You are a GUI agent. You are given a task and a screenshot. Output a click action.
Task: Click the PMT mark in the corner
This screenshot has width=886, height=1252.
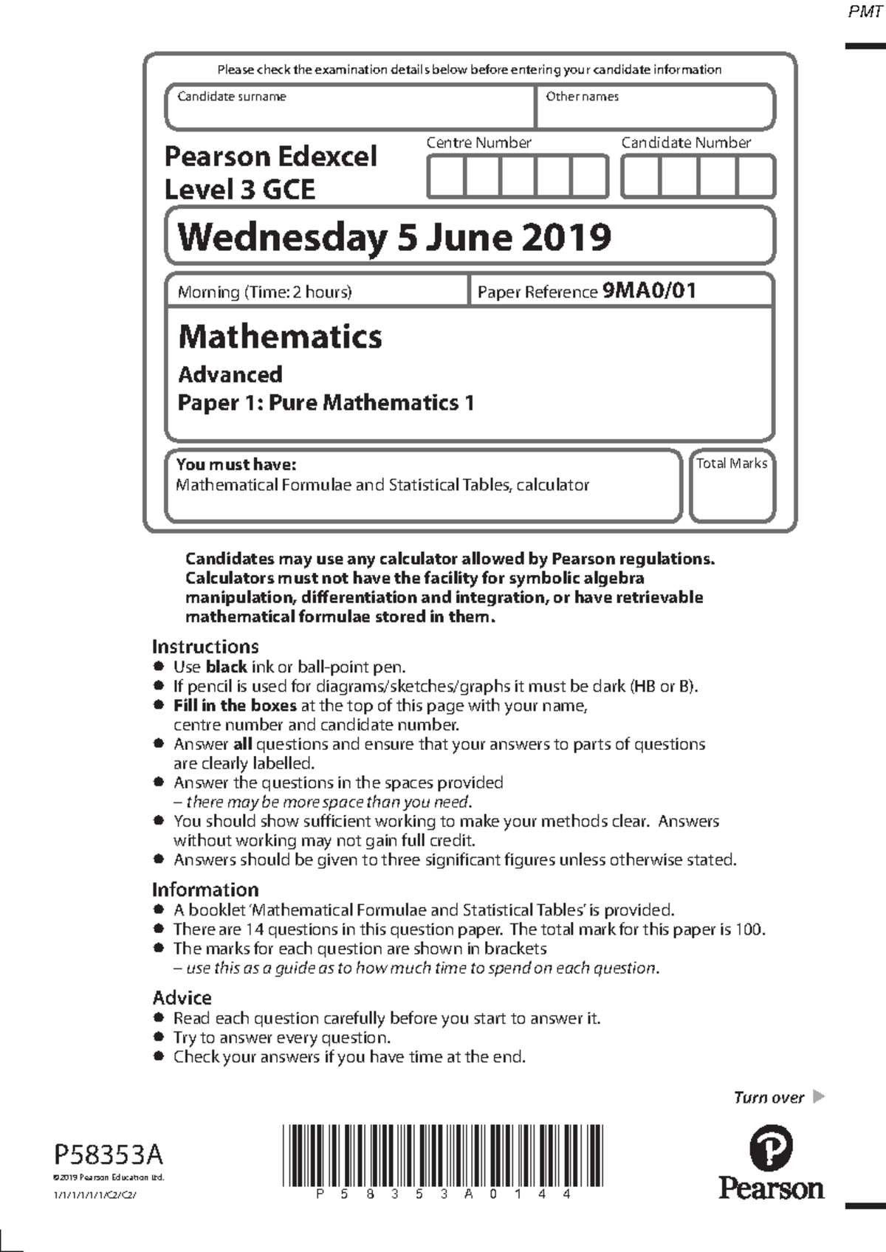click(865, 13)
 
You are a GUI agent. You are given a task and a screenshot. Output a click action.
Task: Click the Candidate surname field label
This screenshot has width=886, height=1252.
click(231, 96)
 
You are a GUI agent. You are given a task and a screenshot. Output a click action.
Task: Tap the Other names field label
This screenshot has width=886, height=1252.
click(582, 96)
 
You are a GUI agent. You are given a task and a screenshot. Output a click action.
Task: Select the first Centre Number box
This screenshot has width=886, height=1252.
click(446, 176)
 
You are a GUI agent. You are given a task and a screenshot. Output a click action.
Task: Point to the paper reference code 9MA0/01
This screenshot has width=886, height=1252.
click(649, 290)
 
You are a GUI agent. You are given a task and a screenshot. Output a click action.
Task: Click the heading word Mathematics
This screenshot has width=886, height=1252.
click(280, 337)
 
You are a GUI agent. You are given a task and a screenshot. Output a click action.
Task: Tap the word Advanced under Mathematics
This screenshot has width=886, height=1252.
click(230, 374)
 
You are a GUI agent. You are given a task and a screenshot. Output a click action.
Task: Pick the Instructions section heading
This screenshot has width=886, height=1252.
click(205, 647)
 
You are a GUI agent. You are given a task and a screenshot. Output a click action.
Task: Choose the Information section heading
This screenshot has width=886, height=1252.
click(205, 890)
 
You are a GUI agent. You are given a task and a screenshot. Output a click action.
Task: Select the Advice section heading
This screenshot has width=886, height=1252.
click(182, 998)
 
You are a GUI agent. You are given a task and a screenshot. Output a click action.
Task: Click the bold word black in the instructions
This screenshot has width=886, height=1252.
click(226, 667)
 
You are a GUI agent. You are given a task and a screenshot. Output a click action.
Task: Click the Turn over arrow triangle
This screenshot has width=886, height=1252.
click(818, 1096)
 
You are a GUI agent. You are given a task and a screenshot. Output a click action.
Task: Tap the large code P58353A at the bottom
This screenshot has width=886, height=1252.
click(109, 1154)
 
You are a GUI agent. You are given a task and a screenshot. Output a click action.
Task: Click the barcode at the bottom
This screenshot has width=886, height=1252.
click(442, 1155)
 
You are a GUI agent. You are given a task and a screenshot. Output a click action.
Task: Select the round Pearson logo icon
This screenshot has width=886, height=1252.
click(771, 1149)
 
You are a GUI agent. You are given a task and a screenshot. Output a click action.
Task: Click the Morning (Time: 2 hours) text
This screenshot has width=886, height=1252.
click(264, 292)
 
